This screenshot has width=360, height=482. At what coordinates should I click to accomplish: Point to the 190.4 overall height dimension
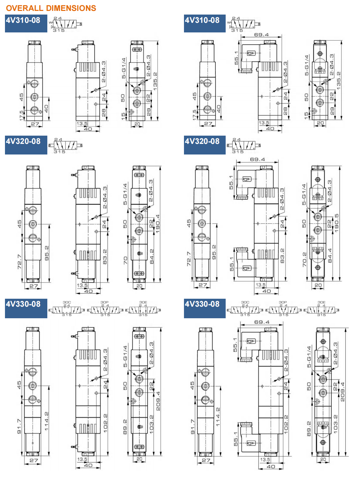point(158,224)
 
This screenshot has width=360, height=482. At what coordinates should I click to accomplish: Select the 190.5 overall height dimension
point(337,223)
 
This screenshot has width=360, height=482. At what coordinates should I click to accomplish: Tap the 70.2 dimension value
point(304,259)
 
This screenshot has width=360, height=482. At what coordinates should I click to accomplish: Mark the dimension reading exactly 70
point(125,260)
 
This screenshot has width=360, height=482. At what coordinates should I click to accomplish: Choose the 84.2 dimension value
point(152,256)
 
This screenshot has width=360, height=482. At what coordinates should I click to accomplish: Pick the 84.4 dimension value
point(330,256)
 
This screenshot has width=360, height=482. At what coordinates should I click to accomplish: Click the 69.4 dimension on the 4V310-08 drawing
point(261,35)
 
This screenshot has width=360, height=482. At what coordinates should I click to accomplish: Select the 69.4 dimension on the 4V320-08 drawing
point(257,159)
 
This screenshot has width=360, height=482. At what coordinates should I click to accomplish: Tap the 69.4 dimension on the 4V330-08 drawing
point(262,322)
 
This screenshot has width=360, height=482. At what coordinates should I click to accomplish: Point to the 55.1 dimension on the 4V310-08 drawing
point(236,58)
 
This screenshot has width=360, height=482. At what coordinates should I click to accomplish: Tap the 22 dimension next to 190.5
point(329,224)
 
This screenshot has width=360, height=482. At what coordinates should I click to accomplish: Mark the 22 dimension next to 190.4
point(151,224)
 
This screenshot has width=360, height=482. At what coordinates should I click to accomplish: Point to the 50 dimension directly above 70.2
point(304,224)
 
